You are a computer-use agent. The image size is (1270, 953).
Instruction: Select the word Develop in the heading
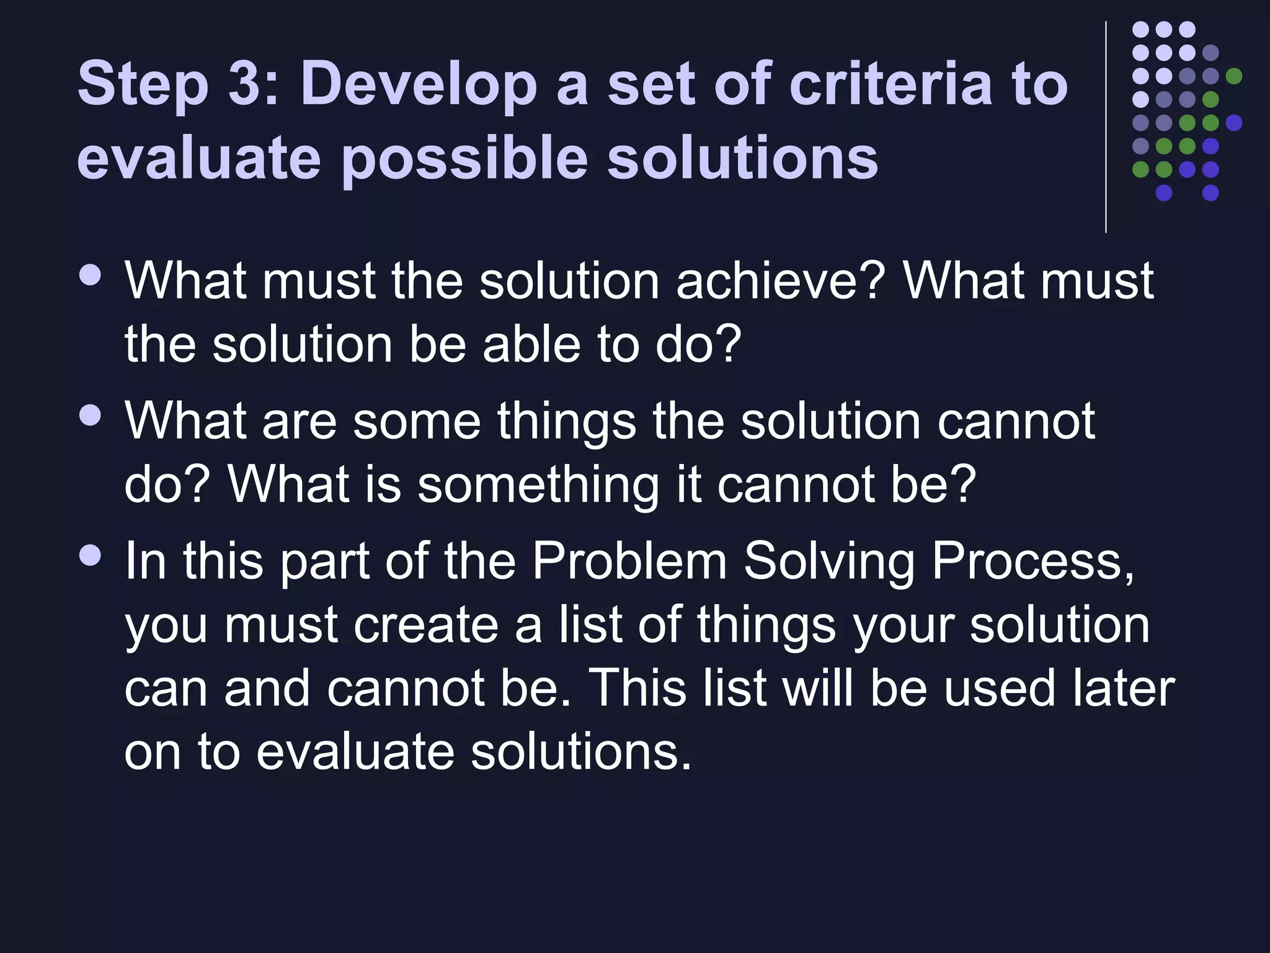click(419, 85)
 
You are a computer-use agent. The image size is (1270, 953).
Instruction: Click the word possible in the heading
click(464, 159)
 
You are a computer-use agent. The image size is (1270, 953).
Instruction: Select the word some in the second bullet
click(417, 421)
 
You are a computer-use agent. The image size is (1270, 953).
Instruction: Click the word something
click(538, 485)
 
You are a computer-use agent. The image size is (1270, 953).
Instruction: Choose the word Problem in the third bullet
click(629, 561)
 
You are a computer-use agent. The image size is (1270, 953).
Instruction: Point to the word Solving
click(829, 561)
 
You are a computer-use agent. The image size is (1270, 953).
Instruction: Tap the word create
click(426, 625)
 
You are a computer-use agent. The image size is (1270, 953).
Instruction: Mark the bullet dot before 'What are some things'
click(91, 415)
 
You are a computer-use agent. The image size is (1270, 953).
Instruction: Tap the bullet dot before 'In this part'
click(91, 555)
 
